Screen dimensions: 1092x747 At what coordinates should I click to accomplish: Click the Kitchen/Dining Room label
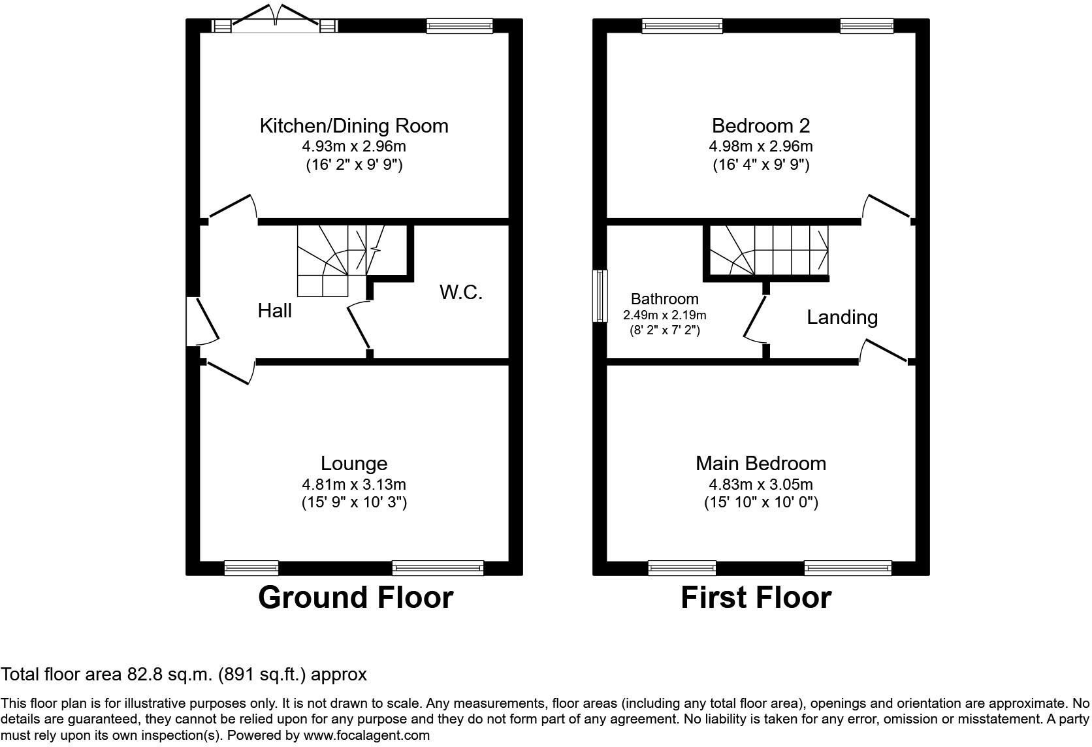(354, 126)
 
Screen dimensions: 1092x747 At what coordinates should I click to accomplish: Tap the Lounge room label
(354, 464)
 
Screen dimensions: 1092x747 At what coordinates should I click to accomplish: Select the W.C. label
(460, 293)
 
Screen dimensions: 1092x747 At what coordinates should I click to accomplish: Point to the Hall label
(275, 310)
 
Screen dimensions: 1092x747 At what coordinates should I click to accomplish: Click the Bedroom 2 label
(760, 126)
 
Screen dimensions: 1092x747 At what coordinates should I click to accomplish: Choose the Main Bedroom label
(760, 464)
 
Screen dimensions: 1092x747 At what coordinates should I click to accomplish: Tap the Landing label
(842, 317)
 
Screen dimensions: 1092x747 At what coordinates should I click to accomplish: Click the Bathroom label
(664, 298)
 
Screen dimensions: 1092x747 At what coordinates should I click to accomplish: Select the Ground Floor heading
(355, 597)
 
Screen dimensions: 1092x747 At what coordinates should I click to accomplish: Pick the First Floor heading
(756, 597)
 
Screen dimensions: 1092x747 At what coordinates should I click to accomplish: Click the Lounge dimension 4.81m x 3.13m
(354, 485)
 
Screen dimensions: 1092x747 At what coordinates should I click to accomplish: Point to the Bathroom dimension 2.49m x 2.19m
(664, 315)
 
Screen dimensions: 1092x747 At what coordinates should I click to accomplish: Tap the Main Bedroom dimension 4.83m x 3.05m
(760, 485)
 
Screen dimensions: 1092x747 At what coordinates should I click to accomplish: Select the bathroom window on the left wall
(600, 296)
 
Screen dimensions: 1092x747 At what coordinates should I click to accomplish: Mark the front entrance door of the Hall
(202, 321)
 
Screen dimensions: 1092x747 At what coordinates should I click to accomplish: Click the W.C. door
(360, 324)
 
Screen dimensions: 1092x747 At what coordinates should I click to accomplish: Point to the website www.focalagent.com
(366, 735)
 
